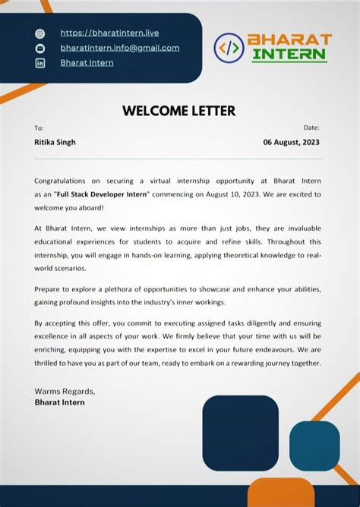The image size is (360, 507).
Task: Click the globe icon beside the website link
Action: click(40, 33)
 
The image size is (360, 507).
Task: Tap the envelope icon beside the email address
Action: click(40, 48)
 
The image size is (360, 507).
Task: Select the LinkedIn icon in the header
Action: click(40, 63)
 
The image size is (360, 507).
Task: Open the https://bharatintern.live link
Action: click(109, 33)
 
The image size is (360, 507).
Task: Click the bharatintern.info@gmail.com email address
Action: click(120, 48)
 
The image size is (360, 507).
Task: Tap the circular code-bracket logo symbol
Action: click(229, 48)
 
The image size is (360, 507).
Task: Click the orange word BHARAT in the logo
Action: click(289, 39)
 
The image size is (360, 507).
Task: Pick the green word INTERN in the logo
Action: click(289, 55)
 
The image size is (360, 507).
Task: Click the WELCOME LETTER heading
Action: click(179, 111)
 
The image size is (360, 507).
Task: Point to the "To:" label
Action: click(39, 128)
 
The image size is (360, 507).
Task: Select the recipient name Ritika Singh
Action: click(55, 142)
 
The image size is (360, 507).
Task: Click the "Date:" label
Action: click(311, 128)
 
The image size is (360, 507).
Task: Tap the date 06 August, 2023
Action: click(292, 142)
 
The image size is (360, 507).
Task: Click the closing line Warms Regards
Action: click(65, 391)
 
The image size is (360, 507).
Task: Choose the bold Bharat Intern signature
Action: click(60, 402)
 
